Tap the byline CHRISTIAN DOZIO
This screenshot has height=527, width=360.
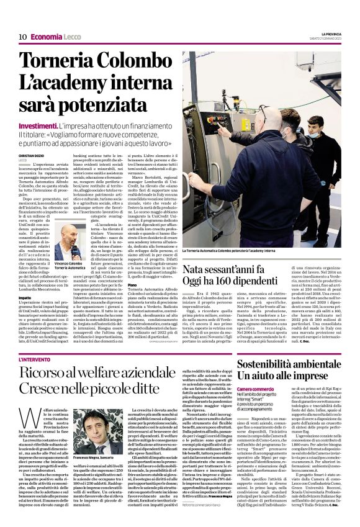point(31,155)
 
